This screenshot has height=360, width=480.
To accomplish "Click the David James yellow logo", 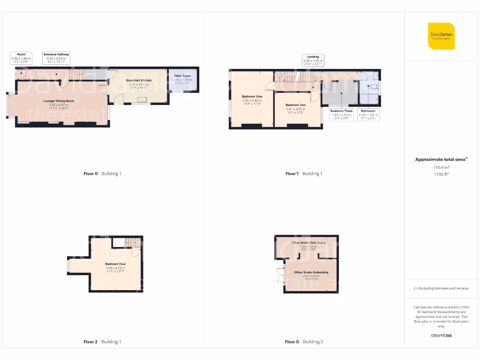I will click(x=441, y=36).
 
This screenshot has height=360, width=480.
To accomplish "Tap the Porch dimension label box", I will click(x=22, y=58).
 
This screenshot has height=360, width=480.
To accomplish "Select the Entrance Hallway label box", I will click(x=56, y=58).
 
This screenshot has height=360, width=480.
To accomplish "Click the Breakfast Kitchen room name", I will click(x=139, y=81).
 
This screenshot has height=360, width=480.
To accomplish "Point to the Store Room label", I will click(x=182, y=76).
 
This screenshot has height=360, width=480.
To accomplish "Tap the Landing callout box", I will click(x=313, y=60).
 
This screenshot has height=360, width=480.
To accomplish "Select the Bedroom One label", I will click(x=252, y=97).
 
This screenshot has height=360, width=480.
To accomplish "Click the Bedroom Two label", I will click(x=296, y=105).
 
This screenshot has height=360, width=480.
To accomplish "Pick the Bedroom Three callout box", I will click(x=341, y=114).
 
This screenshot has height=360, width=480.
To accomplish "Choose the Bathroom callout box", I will click(x=368, y=114).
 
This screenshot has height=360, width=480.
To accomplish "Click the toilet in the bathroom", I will click(x=374, y=87).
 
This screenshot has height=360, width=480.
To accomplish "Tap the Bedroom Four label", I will click(x=115, y=264).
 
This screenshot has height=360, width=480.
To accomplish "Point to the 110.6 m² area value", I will click(x=441, y=167).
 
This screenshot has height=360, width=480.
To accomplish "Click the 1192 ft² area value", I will click(x=441, y=174).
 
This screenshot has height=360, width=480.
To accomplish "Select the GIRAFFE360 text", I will click(x=441, y=336).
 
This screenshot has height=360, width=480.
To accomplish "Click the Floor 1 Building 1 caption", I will click(x=304, y=174).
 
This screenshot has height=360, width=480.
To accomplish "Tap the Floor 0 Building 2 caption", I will click(x=304, y=342).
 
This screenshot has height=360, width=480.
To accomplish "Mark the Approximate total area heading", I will click(x=441, y=160).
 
